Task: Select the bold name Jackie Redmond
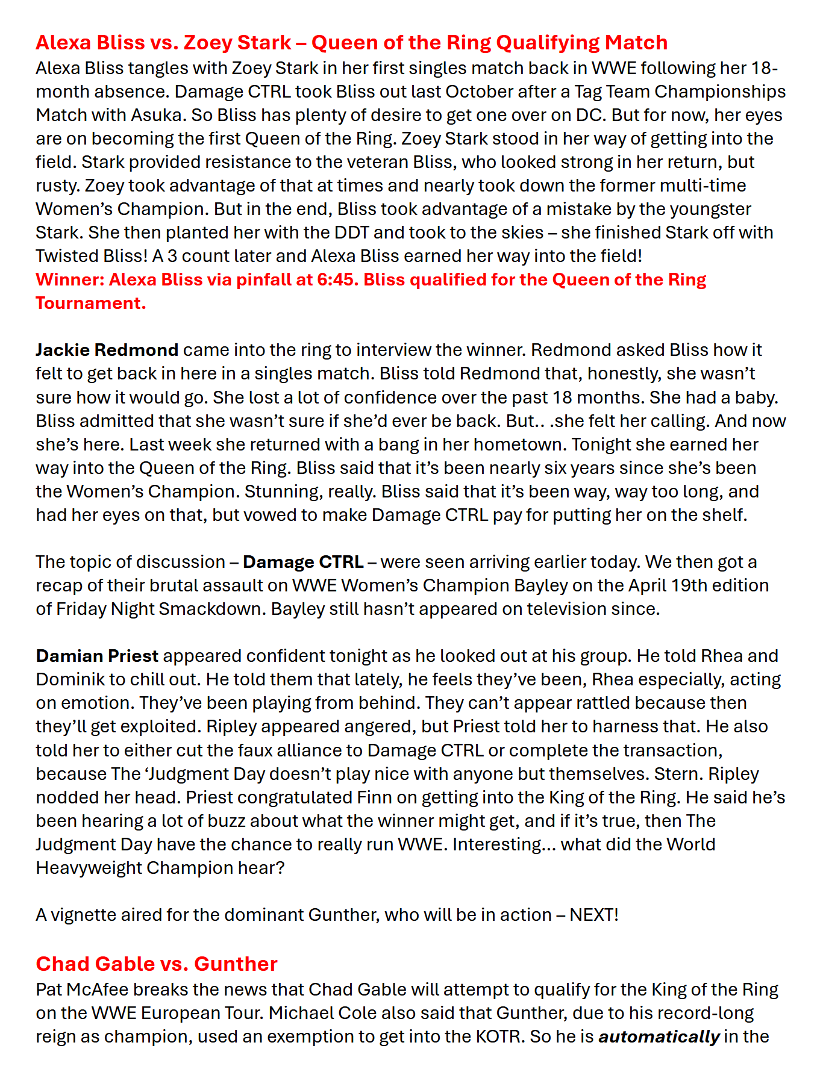click(107, 350)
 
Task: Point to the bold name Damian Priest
click(97, 656)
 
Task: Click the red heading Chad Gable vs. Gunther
click(157, 964)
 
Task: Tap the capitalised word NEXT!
click(594, 915)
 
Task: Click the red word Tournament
click(90, 303)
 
